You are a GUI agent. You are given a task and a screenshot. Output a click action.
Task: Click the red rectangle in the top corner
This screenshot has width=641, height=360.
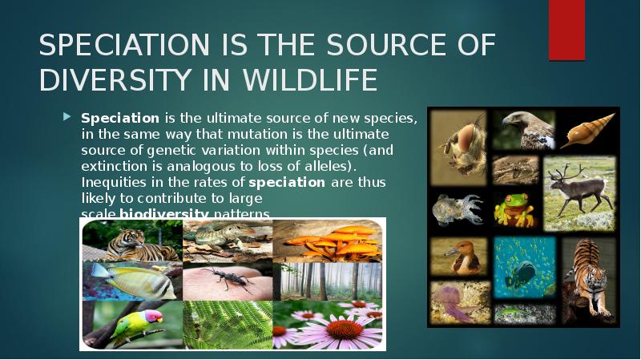[566, 30]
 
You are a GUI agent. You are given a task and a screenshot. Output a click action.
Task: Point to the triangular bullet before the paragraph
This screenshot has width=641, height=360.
[68, 117]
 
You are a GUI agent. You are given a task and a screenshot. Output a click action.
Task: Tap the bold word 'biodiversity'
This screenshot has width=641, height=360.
[164, 213]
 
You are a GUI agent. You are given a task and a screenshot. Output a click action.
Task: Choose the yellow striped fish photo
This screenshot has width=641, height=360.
[133, 281]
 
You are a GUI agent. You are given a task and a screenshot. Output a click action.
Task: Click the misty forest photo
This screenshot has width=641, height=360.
[329, 281]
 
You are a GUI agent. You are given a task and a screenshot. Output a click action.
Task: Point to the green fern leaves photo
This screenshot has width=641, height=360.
[228, 324]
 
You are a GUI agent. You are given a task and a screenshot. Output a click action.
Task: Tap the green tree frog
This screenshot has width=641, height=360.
[513, 208]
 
